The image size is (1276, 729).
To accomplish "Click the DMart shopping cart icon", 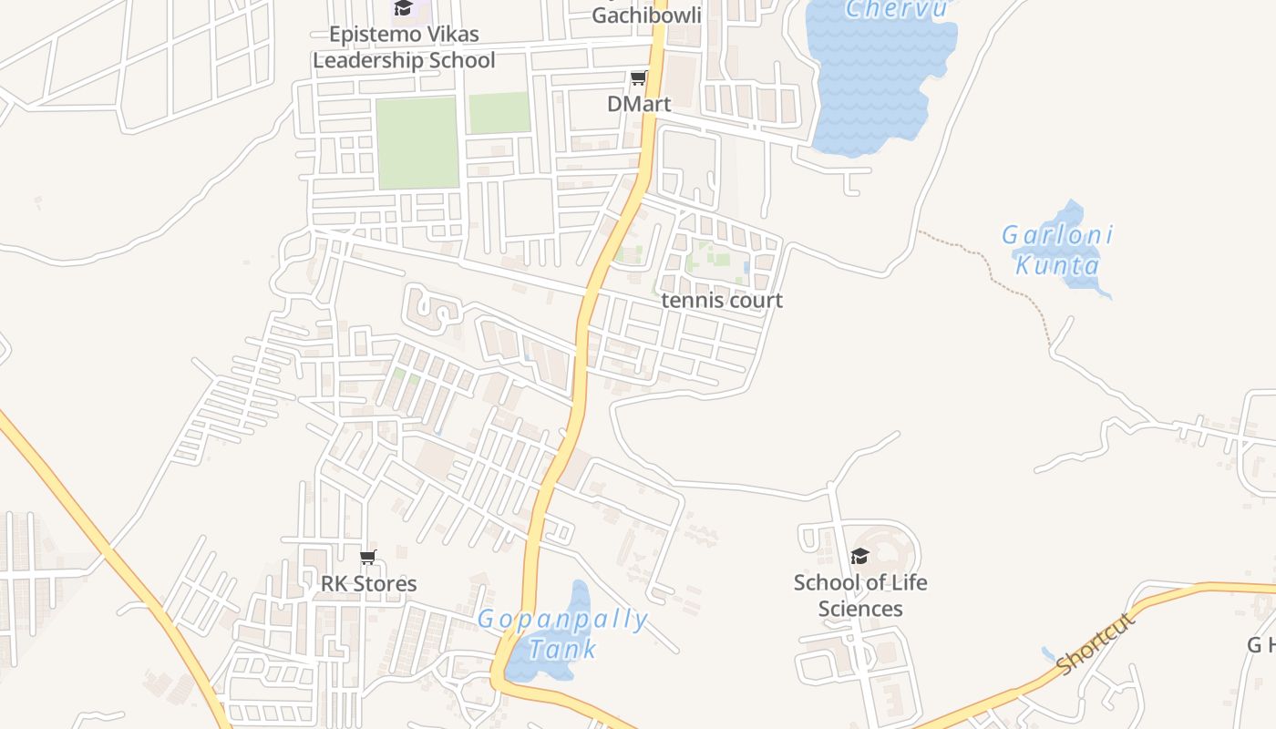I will pos(639,78).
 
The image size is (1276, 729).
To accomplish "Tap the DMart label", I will pos(639,104).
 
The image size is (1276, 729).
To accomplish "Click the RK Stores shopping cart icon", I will pos(368,558).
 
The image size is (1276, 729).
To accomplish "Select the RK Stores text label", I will pos(368,584).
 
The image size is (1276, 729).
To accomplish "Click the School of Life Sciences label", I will pos(859,596).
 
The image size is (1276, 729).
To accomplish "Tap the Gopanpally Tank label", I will pos(563,634).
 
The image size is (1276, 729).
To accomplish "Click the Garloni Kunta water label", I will pos(1057,250).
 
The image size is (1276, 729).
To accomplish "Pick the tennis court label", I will pos(722,301).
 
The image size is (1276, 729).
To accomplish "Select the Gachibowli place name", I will pos(646,15).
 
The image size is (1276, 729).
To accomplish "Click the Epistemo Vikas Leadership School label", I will pos(404,47).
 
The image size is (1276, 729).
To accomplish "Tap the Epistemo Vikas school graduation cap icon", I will pos(403,9).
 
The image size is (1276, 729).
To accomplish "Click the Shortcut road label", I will pos(1097,644).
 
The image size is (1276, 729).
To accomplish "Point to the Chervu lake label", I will pos(897,10).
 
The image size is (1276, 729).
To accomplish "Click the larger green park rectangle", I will pos(417,142).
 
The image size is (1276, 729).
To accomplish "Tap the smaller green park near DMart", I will pos(499,113).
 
